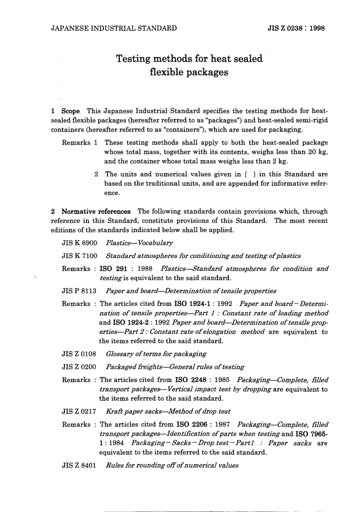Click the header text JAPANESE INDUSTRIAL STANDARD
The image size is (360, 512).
114,28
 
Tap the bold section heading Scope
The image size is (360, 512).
70,111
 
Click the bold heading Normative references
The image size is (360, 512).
96,211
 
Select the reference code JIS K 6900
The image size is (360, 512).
79,243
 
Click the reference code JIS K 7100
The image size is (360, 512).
79,256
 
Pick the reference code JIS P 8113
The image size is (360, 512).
79,291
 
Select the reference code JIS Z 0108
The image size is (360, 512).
79,354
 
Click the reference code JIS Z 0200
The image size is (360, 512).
79,367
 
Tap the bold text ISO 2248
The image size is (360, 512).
191,380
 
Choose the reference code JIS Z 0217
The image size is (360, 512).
79,411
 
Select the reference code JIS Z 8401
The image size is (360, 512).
79,465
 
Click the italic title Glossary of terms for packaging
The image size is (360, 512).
156,354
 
